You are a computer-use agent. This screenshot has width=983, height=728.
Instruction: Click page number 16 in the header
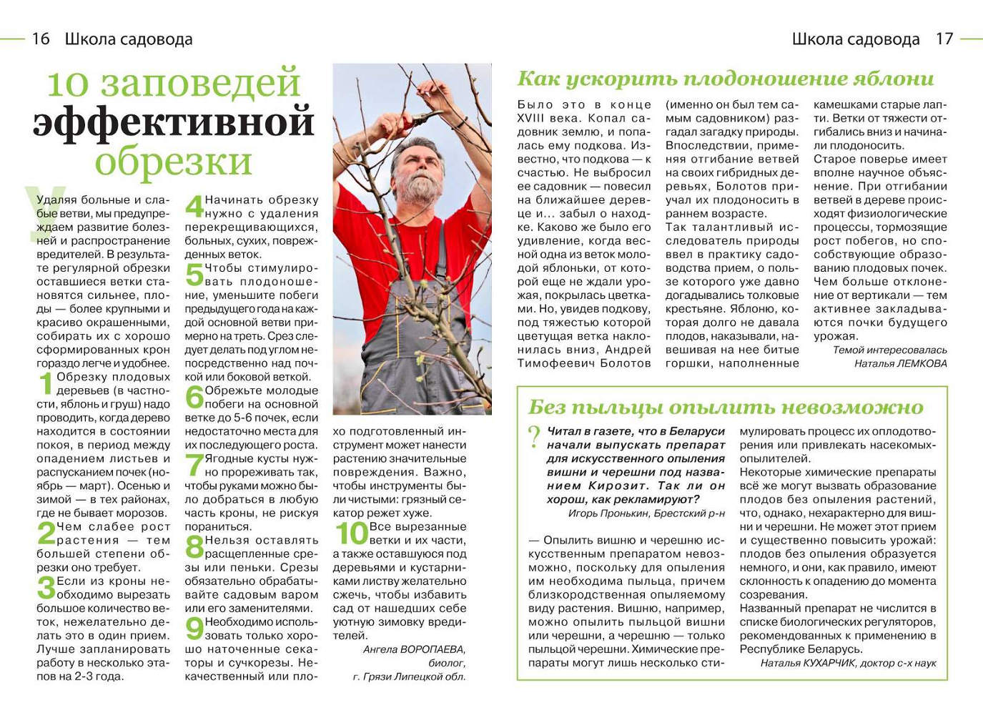pos(41,39)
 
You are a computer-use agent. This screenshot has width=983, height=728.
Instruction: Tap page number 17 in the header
pos(944,39)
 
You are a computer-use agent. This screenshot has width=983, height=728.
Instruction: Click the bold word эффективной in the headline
pos(174,122)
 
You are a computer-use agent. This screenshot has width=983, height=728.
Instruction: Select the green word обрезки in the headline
pos(174,161)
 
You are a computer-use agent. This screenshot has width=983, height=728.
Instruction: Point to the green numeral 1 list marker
pos(46,384)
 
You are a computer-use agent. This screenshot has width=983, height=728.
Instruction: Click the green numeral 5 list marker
pos(194,275)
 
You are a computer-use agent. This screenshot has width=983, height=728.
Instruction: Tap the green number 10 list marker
pos(351,533)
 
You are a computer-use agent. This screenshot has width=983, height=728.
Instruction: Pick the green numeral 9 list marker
pos(194,629)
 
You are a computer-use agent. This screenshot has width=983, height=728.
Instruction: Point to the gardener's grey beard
pos(420,187)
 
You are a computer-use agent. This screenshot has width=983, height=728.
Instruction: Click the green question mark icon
pos(534,436)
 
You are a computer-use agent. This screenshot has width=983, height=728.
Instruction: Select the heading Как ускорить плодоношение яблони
pos(726,79)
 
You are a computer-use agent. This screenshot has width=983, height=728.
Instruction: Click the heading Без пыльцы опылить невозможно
pos(726,408)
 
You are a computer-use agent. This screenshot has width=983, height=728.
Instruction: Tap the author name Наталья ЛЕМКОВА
pos(900,363)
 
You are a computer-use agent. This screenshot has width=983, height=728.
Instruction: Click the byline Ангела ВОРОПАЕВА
pos(414,649)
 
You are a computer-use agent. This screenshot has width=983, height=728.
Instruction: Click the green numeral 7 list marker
pos(194,466)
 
